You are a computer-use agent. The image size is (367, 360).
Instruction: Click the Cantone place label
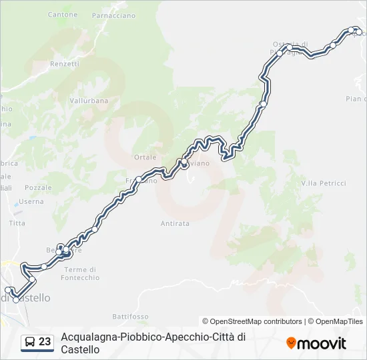coord(63,14)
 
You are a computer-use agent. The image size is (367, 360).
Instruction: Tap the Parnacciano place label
coord(113,15)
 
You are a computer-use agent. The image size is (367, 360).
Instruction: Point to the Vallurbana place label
coord(88,101)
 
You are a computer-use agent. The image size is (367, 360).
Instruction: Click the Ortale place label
coord(145,157)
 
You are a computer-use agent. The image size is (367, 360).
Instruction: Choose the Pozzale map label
coord(38,188)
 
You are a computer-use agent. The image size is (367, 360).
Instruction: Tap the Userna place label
coord(31,201)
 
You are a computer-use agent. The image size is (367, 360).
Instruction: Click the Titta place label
coord(17,223)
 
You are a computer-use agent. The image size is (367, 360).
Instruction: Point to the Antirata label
coord(175,223)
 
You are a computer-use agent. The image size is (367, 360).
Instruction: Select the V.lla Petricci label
coord(324,183)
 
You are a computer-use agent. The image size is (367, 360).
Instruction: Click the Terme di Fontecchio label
coord(83,273)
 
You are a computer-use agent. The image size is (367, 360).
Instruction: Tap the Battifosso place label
coord(130,316)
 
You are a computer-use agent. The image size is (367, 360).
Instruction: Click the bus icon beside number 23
coord(30,342)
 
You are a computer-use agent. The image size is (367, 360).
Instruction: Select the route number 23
coord(45,342)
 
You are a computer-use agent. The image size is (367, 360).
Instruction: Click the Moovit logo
coord(316,343)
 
